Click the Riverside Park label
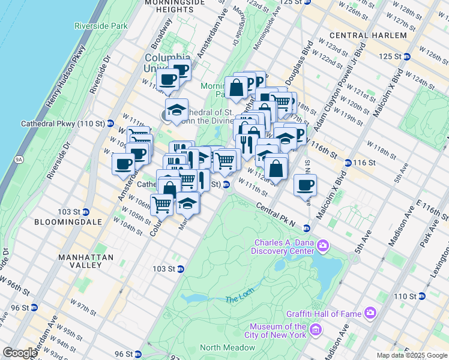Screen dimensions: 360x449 pos(101,26)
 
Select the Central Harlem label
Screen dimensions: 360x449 pos(367,35)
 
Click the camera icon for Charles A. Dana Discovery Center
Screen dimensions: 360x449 pos(324,244)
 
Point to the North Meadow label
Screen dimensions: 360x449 pos(228,347)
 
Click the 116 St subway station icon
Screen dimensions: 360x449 pos(348,163)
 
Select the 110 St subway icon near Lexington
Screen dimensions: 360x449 pos(422,296)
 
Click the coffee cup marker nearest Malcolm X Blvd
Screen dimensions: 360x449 pos(305,185)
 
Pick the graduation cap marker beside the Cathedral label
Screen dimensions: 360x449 pos(176,110)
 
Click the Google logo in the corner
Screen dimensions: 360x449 pos(20,353)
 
